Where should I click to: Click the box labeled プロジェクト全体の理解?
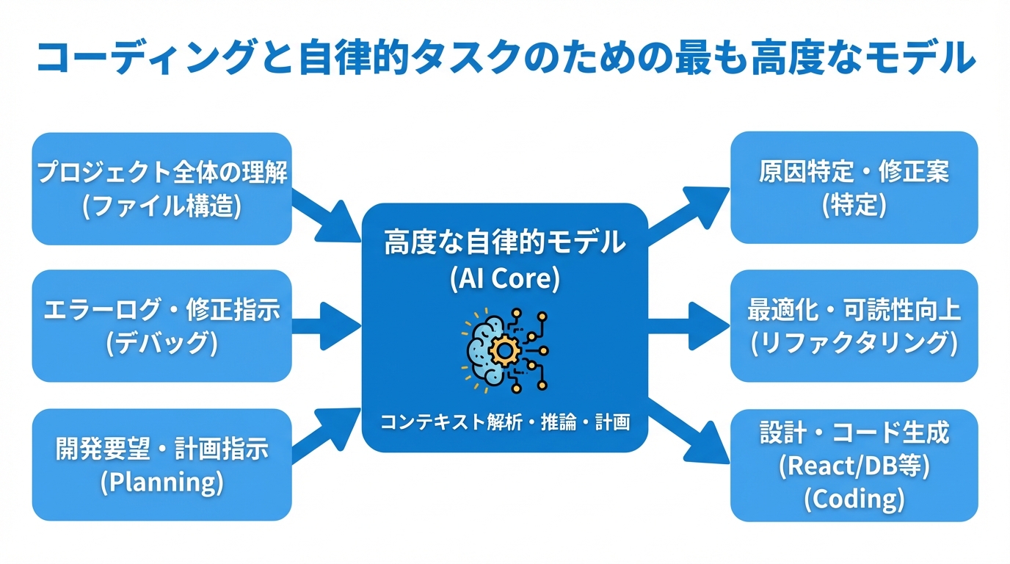click(161, 188)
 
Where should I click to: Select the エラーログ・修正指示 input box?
click(161, 325)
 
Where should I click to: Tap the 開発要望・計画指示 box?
click(161, 464)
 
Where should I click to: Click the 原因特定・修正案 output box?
click(854, 187)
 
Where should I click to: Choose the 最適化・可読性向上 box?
click(854, 325)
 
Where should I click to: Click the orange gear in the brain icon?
click(504, 351)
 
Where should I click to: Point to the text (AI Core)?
click(505, 278)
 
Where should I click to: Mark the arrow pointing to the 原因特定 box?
click(686, 215)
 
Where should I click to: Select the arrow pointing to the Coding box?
click(686, 433)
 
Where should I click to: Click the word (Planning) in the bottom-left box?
click(161, 482)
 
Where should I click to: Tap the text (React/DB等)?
click(854, 466)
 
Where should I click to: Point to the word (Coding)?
click(854, 499)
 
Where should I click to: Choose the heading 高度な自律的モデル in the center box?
click(505, 242)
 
